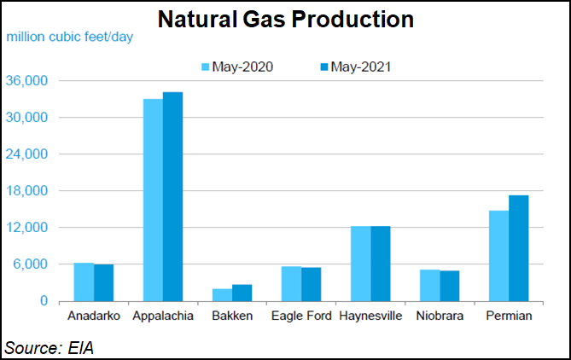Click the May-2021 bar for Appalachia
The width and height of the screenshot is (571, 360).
[172, 196]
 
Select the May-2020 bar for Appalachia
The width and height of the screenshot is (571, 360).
[153, 200]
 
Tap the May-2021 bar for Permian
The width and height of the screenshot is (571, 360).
[519, 248]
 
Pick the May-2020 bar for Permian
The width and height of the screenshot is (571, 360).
[499, 256]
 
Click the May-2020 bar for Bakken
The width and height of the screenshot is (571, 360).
[222, 295]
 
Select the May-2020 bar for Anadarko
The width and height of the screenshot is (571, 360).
[84, 282]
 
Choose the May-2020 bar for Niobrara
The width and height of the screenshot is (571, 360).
[429, 285]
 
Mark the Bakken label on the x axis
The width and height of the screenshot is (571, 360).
[232, 316]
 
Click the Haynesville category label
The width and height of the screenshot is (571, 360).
[370, 316]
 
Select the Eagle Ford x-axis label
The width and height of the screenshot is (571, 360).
[300, 316]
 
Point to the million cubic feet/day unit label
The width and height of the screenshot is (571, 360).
[70, 37]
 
